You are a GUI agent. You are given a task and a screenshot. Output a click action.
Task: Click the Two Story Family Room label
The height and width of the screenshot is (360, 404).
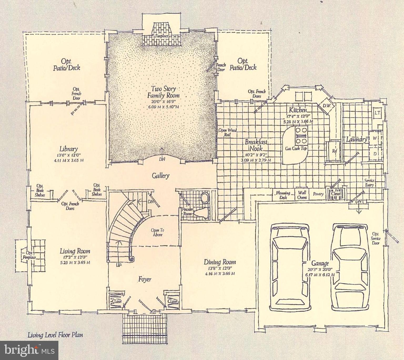click(163, 92)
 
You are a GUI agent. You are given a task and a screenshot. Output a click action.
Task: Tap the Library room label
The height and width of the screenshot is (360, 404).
click(68, 149)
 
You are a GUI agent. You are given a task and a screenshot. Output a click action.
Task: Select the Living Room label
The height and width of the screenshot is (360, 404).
click(75, 251)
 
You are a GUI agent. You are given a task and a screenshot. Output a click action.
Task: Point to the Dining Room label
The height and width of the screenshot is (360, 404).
click(220, 262)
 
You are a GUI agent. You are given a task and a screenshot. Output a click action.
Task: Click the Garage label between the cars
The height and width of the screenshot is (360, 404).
click(320, 263)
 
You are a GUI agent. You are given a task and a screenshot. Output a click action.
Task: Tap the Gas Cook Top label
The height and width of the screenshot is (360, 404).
click(296, 148)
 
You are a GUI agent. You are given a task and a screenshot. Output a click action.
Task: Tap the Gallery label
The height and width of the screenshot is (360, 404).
click(160, 176)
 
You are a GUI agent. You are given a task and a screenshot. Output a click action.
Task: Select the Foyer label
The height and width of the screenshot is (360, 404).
click(145, 279)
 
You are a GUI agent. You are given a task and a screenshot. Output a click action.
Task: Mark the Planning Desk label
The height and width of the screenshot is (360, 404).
click(283, 195)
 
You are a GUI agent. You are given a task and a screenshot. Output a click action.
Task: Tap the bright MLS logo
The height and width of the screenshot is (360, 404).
click(29, 350)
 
